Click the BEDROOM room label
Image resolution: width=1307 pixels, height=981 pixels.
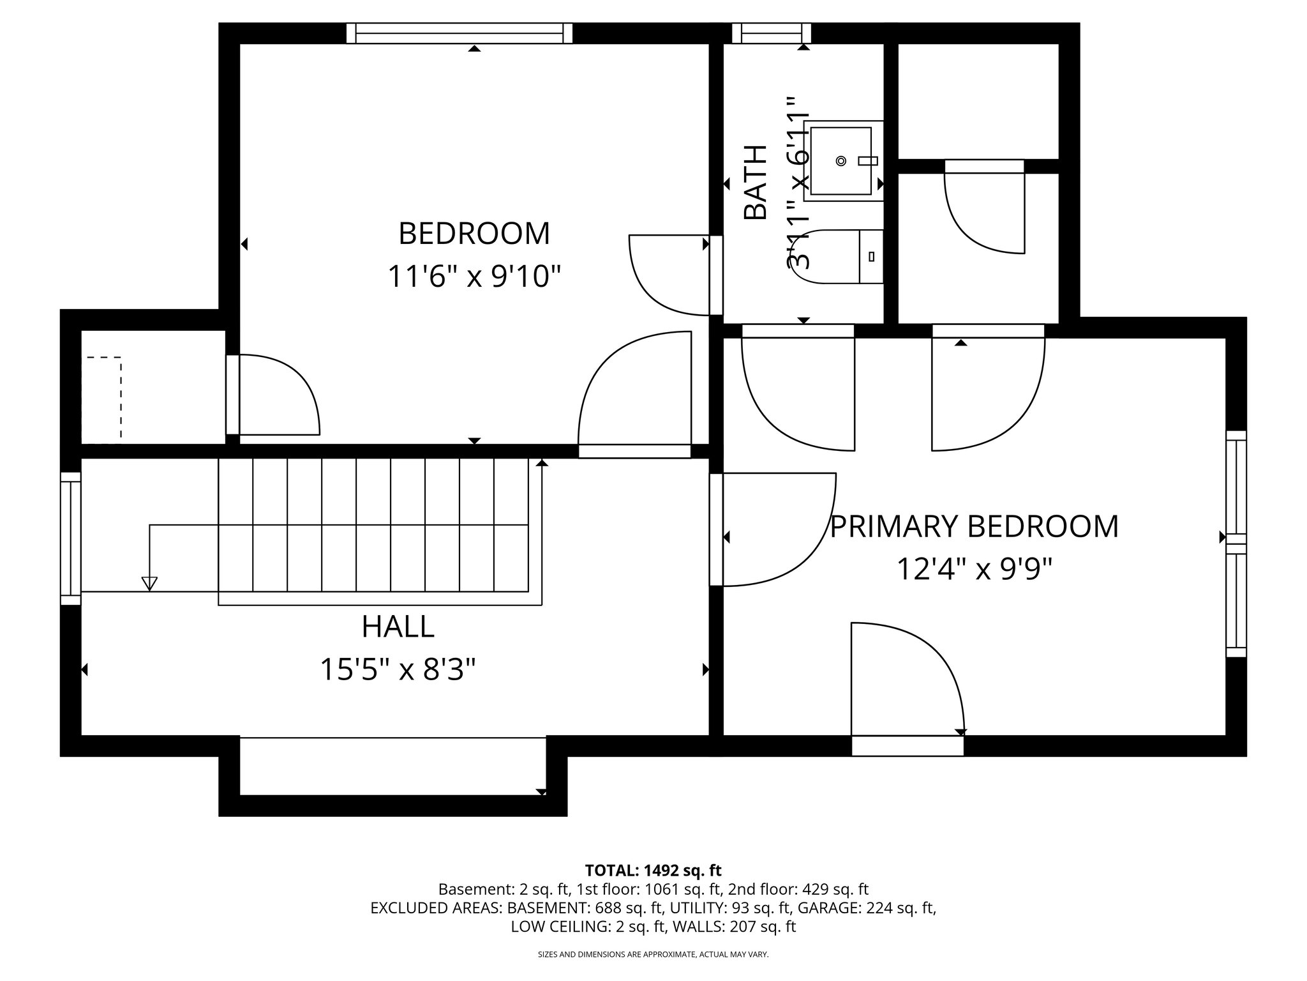pos(474,234)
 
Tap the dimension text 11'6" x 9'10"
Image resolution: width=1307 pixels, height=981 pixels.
pos(474,277)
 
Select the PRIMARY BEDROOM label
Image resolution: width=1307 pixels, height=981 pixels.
pos(974,527)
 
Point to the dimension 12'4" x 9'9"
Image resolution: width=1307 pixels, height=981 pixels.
pos(974,569)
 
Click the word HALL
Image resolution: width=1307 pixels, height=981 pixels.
pos(398,627)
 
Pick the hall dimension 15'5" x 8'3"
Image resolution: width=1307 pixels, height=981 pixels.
pos(398,670)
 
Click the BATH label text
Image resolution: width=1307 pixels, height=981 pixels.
pos(756,183)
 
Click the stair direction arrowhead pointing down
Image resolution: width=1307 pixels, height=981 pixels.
pos(149,583)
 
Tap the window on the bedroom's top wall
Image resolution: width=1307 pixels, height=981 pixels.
pos(459,33)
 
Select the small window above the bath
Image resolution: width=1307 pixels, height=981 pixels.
pos(771,33)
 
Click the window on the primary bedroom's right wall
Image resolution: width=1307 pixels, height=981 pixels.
pos(1236,544)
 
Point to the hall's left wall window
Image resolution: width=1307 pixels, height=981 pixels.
pos(71,538)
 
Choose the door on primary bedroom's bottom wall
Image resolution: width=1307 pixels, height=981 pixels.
pos(907,745)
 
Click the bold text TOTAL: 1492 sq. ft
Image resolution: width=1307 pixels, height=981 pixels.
pos(653,870)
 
